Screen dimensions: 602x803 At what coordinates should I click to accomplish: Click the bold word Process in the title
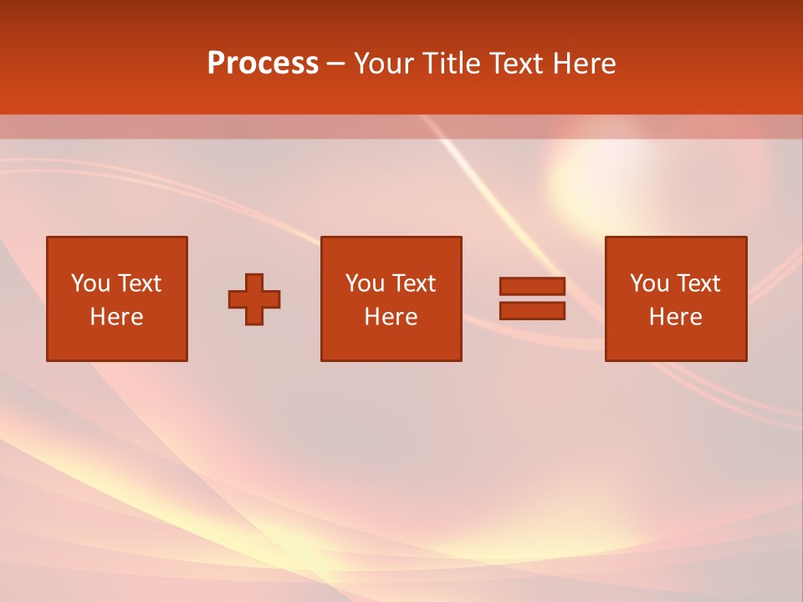click(263, 64)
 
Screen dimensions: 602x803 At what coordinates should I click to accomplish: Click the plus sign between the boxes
click(254, 299)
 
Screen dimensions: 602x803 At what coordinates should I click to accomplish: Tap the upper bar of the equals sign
click(532, 287)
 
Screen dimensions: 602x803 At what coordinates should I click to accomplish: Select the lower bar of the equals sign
click(532, 311)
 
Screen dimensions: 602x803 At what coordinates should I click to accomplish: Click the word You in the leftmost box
click(90, 283)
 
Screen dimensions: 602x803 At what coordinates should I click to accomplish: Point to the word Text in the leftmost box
click(139, 283)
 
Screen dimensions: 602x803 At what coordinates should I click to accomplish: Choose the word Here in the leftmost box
click(116, 317)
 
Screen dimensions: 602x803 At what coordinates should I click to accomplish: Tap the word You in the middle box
click(365, 283)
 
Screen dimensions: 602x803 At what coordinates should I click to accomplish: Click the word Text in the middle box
click(413, 283)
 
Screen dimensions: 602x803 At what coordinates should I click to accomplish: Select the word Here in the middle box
click(391, 317)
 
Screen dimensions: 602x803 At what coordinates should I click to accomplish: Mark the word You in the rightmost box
click(649, 283)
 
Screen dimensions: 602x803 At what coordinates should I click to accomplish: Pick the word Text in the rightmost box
click(698, 283)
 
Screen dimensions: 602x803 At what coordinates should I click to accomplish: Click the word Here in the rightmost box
click(675, 317)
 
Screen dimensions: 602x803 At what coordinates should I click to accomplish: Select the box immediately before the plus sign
click(116, 343)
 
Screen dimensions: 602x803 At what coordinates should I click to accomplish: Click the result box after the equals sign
click(675, 343)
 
